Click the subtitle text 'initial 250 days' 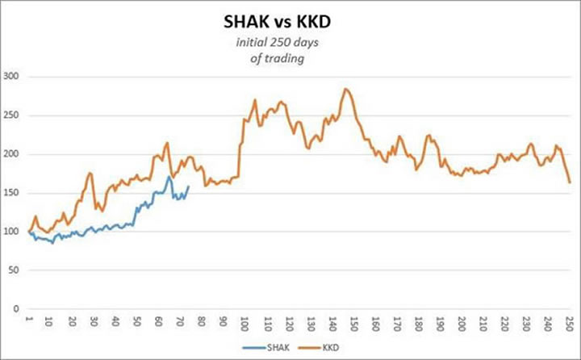tap(290, 45)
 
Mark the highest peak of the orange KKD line tap(345, 89)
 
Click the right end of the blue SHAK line tap(188, 186)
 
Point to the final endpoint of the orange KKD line tap(570, 182)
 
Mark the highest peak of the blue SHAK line tap(169, 176)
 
